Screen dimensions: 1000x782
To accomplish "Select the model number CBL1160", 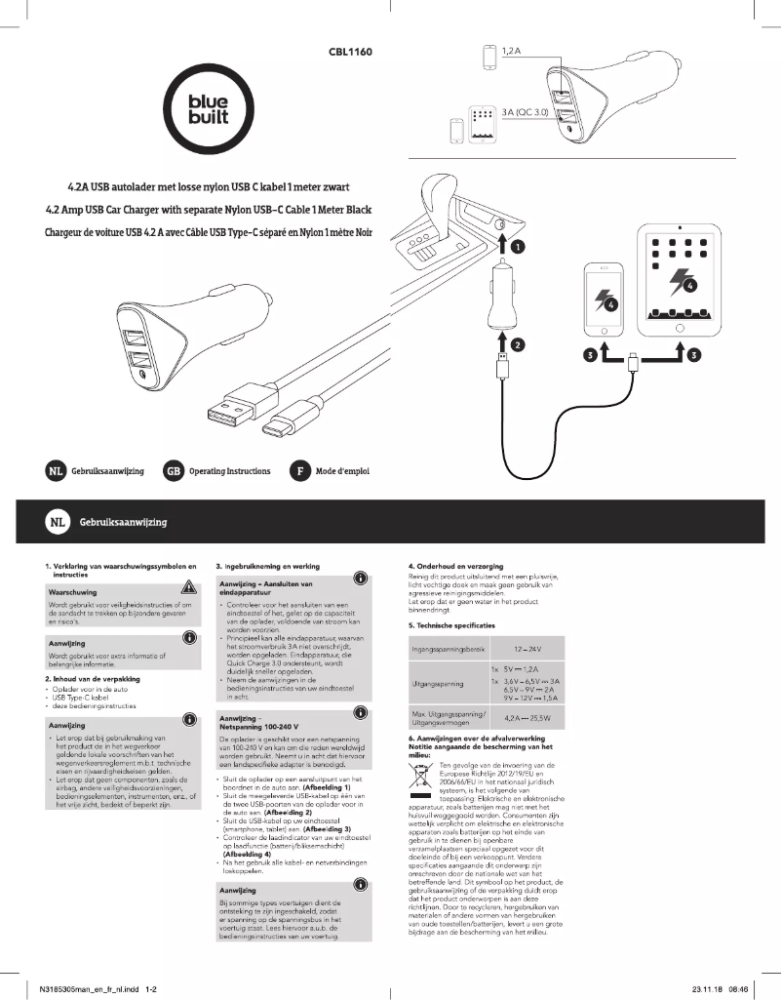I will click(x=350, y=52).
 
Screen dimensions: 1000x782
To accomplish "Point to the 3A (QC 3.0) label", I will click(x=527, y=112).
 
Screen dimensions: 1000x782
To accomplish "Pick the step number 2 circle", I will click(x=519, y=343).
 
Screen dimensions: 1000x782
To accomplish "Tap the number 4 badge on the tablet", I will click(x=689, y=286).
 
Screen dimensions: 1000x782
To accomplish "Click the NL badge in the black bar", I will click(x=56, y=523).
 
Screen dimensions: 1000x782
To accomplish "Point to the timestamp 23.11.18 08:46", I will click(x=720, y=988).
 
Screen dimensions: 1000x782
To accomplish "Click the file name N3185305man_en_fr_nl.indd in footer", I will click(x=86, y=988).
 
